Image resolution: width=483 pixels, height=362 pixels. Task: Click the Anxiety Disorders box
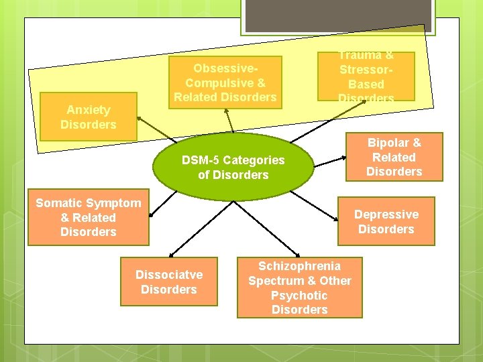88,117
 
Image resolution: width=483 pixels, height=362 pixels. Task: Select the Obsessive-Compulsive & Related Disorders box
225,83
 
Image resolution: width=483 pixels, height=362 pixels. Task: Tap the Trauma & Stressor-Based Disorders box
366,76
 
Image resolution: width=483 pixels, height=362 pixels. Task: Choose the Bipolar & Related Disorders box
394,157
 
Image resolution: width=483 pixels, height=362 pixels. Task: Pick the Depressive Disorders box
386,221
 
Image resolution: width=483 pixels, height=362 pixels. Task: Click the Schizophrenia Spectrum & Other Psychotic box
299,288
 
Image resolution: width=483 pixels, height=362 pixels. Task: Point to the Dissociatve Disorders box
169,282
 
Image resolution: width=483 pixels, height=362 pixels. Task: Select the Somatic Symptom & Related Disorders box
88,217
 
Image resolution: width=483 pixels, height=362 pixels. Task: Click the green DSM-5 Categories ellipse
233,168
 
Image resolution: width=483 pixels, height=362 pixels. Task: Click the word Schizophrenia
299,266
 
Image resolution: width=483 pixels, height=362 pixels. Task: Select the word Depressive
386,215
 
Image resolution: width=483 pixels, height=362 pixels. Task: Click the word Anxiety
88,110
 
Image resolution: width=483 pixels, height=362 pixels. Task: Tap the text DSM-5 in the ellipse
201,160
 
